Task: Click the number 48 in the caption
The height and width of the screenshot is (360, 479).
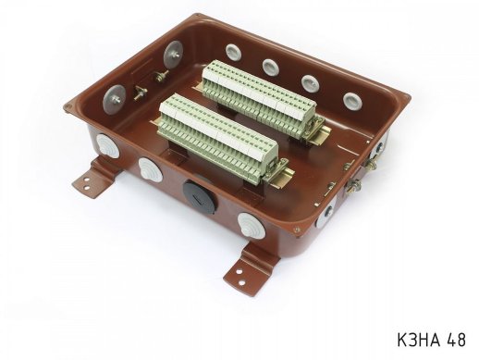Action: coord(454,340)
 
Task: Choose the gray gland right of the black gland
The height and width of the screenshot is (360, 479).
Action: coord(251,224)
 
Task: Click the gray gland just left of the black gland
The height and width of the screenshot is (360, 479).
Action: coord(148,168)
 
